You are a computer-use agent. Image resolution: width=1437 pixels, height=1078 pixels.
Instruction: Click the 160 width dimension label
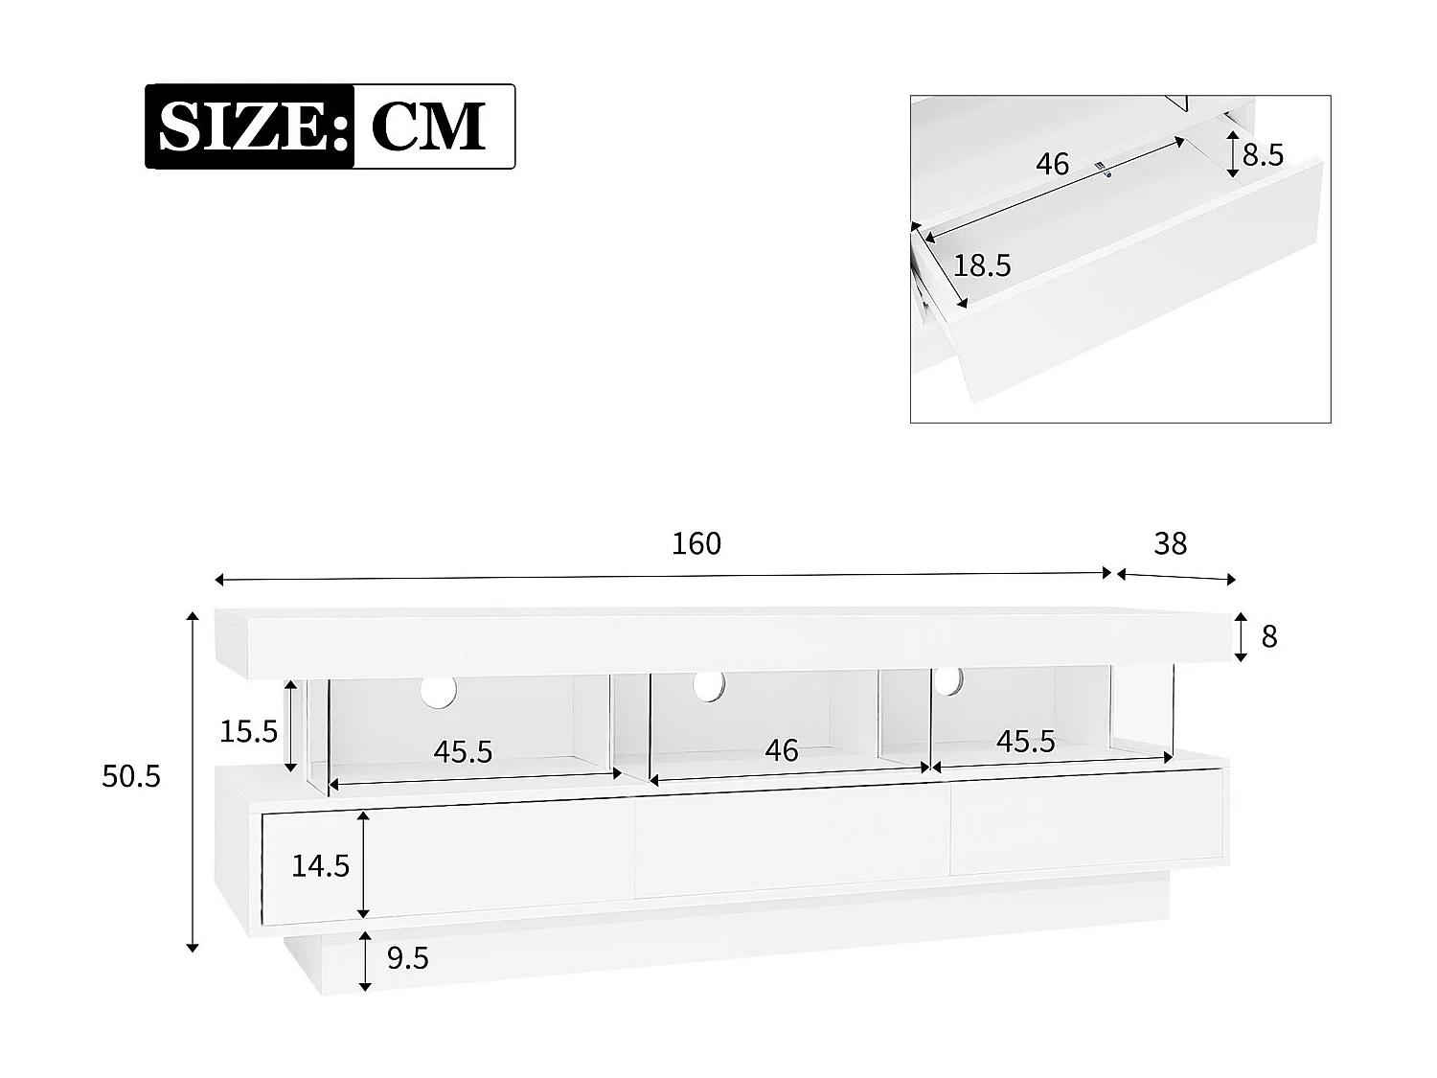click(696, 543)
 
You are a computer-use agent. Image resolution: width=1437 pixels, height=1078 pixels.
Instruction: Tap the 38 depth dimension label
click(1171, 543)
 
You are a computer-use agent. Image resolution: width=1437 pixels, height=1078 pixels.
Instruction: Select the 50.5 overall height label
click(131, 776)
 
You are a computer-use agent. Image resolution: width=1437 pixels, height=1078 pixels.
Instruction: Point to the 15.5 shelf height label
click(248, 732)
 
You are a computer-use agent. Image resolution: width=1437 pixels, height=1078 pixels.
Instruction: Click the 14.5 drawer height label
click(320, 865)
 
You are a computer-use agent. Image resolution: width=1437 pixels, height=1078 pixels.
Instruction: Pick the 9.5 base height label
click(407, 957)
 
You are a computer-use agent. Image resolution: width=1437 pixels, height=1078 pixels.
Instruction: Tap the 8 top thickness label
click(1269, 636)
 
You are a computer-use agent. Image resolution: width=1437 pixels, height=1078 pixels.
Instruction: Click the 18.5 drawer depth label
click(982, 265)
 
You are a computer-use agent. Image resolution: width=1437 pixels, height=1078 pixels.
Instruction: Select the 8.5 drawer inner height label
click(1263, 155)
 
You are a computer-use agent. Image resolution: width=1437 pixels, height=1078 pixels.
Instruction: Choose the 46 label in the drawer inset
click(1052, 165)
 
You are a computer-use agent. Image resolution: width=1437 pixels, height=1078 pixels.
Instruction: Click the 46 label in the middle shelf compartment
click(782, 749)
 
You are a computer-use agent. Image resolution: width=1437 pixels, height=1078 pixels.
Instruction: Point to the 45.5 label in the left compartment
click(463, 752)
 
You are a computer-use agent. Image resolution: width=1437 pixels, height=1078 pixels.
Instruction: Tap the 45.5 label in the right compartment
click(1025, 741)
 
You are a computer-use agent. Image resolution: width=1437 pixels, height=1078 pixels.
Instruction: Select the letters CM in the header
click(428, 126)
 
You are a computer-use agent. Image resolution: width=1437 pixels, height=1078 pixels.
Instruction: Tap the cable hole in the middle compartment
click(710, 684)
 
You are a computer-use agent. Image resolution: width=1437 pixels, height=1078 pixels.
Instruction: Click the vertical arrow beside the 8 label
click(1241, 637)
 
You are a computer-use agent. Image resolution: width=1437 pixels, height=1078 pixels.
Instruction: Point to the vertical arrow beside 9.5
click(365, 961)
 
